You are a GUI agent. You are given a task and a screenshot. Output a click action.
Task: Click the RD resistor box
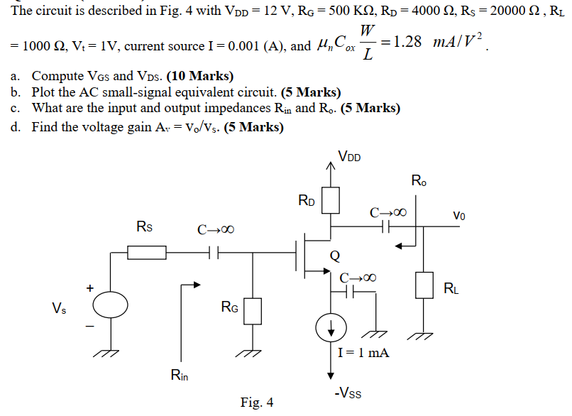click(x=331, y=200)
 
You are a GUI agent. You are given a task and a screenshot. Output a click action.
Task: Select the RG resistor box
click(x=253, y=310)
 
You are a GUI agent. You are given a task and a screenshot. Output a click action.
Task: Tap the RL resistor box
click(x=424, y=285)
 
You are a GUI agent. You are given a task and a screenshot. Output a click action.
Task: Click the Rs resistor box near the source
click(x=147, y=251)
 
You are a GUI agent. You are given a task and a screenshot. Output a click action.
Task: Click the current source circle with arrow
click(x=331, y=327)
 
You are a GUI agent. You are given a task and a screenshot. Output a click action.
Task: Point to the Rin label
click(x=180, y=374)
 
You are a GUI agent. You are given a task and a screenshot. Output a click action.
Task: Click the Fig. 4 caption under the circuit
click(x=256, y=403)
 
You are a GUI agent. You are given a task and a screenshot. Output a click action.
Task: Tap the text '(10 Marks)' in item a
click(x=199, y=76)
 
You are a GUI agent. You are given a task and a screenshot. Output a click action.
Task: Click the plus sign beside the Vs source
click(x=90, y=288)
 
